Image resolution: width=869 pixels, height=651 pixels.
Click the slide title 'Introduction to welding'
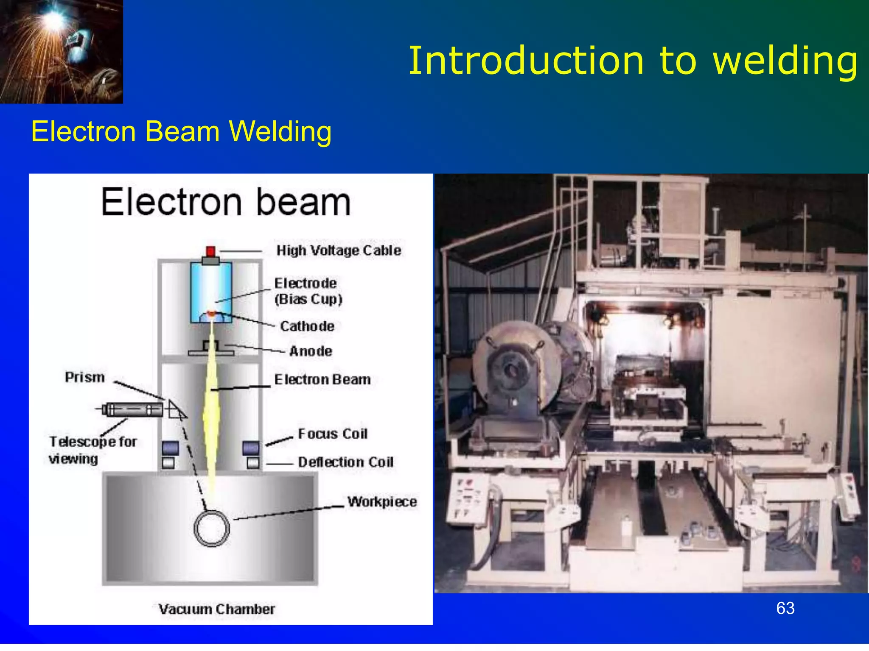pyautogui.click(x=632, y=61)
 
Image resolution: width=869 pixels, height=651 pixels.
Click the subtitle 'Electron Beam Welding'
pyautogui.click(x=181, y=131)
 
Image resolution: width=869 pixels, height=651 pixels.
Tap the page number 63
pyautogui.click(x=785, y=608)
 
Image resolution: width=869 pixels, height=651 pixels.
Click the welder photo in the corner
pyautogui.click(x=61, y=51)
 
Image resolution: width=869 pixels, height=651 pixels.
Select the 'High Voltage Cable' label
pyautogui.click(x=339, y=250)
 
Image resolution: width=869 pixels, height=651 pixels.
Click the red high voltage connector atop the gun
pyautogui.click(x=210, y=251)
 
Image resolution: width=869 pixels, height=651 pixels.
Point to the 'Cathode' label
pyautogui.click(x=307, y=326)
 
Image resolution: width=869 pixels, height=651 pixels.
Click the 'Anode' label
pyautogui.click(x=311, y=351)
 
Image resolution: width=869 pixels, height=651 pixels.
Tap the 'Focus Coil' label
pyautogui.click(x=333, y=434)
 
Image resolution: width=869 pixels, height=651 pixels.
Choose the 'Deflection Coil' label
pyautogui.click(x=345, y=462)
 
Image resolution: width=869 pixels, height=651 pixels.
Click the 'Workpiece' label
pyautogui.click(x=382, y=502)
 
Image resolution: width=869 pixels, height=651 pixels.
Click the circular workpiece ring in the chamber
pyautogui.click(x=212, y=529)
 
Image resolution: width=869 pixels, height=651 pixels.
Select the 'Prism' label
pyautogui.click(x=85, y=377)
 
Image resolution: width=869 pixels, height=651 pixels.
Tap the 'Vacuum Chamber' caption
pyautogui.click(x=216, y=609)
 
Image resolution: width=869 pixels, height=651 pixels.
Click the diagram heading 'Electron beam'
pyautogui.click(x=226, y=202)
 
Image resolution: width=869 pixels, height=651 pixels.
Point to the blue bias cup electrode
pyautogui.click(x=211, y=288)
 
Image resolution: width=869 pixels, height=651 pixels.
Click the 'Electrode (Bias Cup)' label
pyautogui.click(x=308, y=291)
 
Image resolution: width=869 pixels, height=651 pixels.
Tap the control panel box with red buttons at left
pyautogui.click(x=467, y=498)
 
